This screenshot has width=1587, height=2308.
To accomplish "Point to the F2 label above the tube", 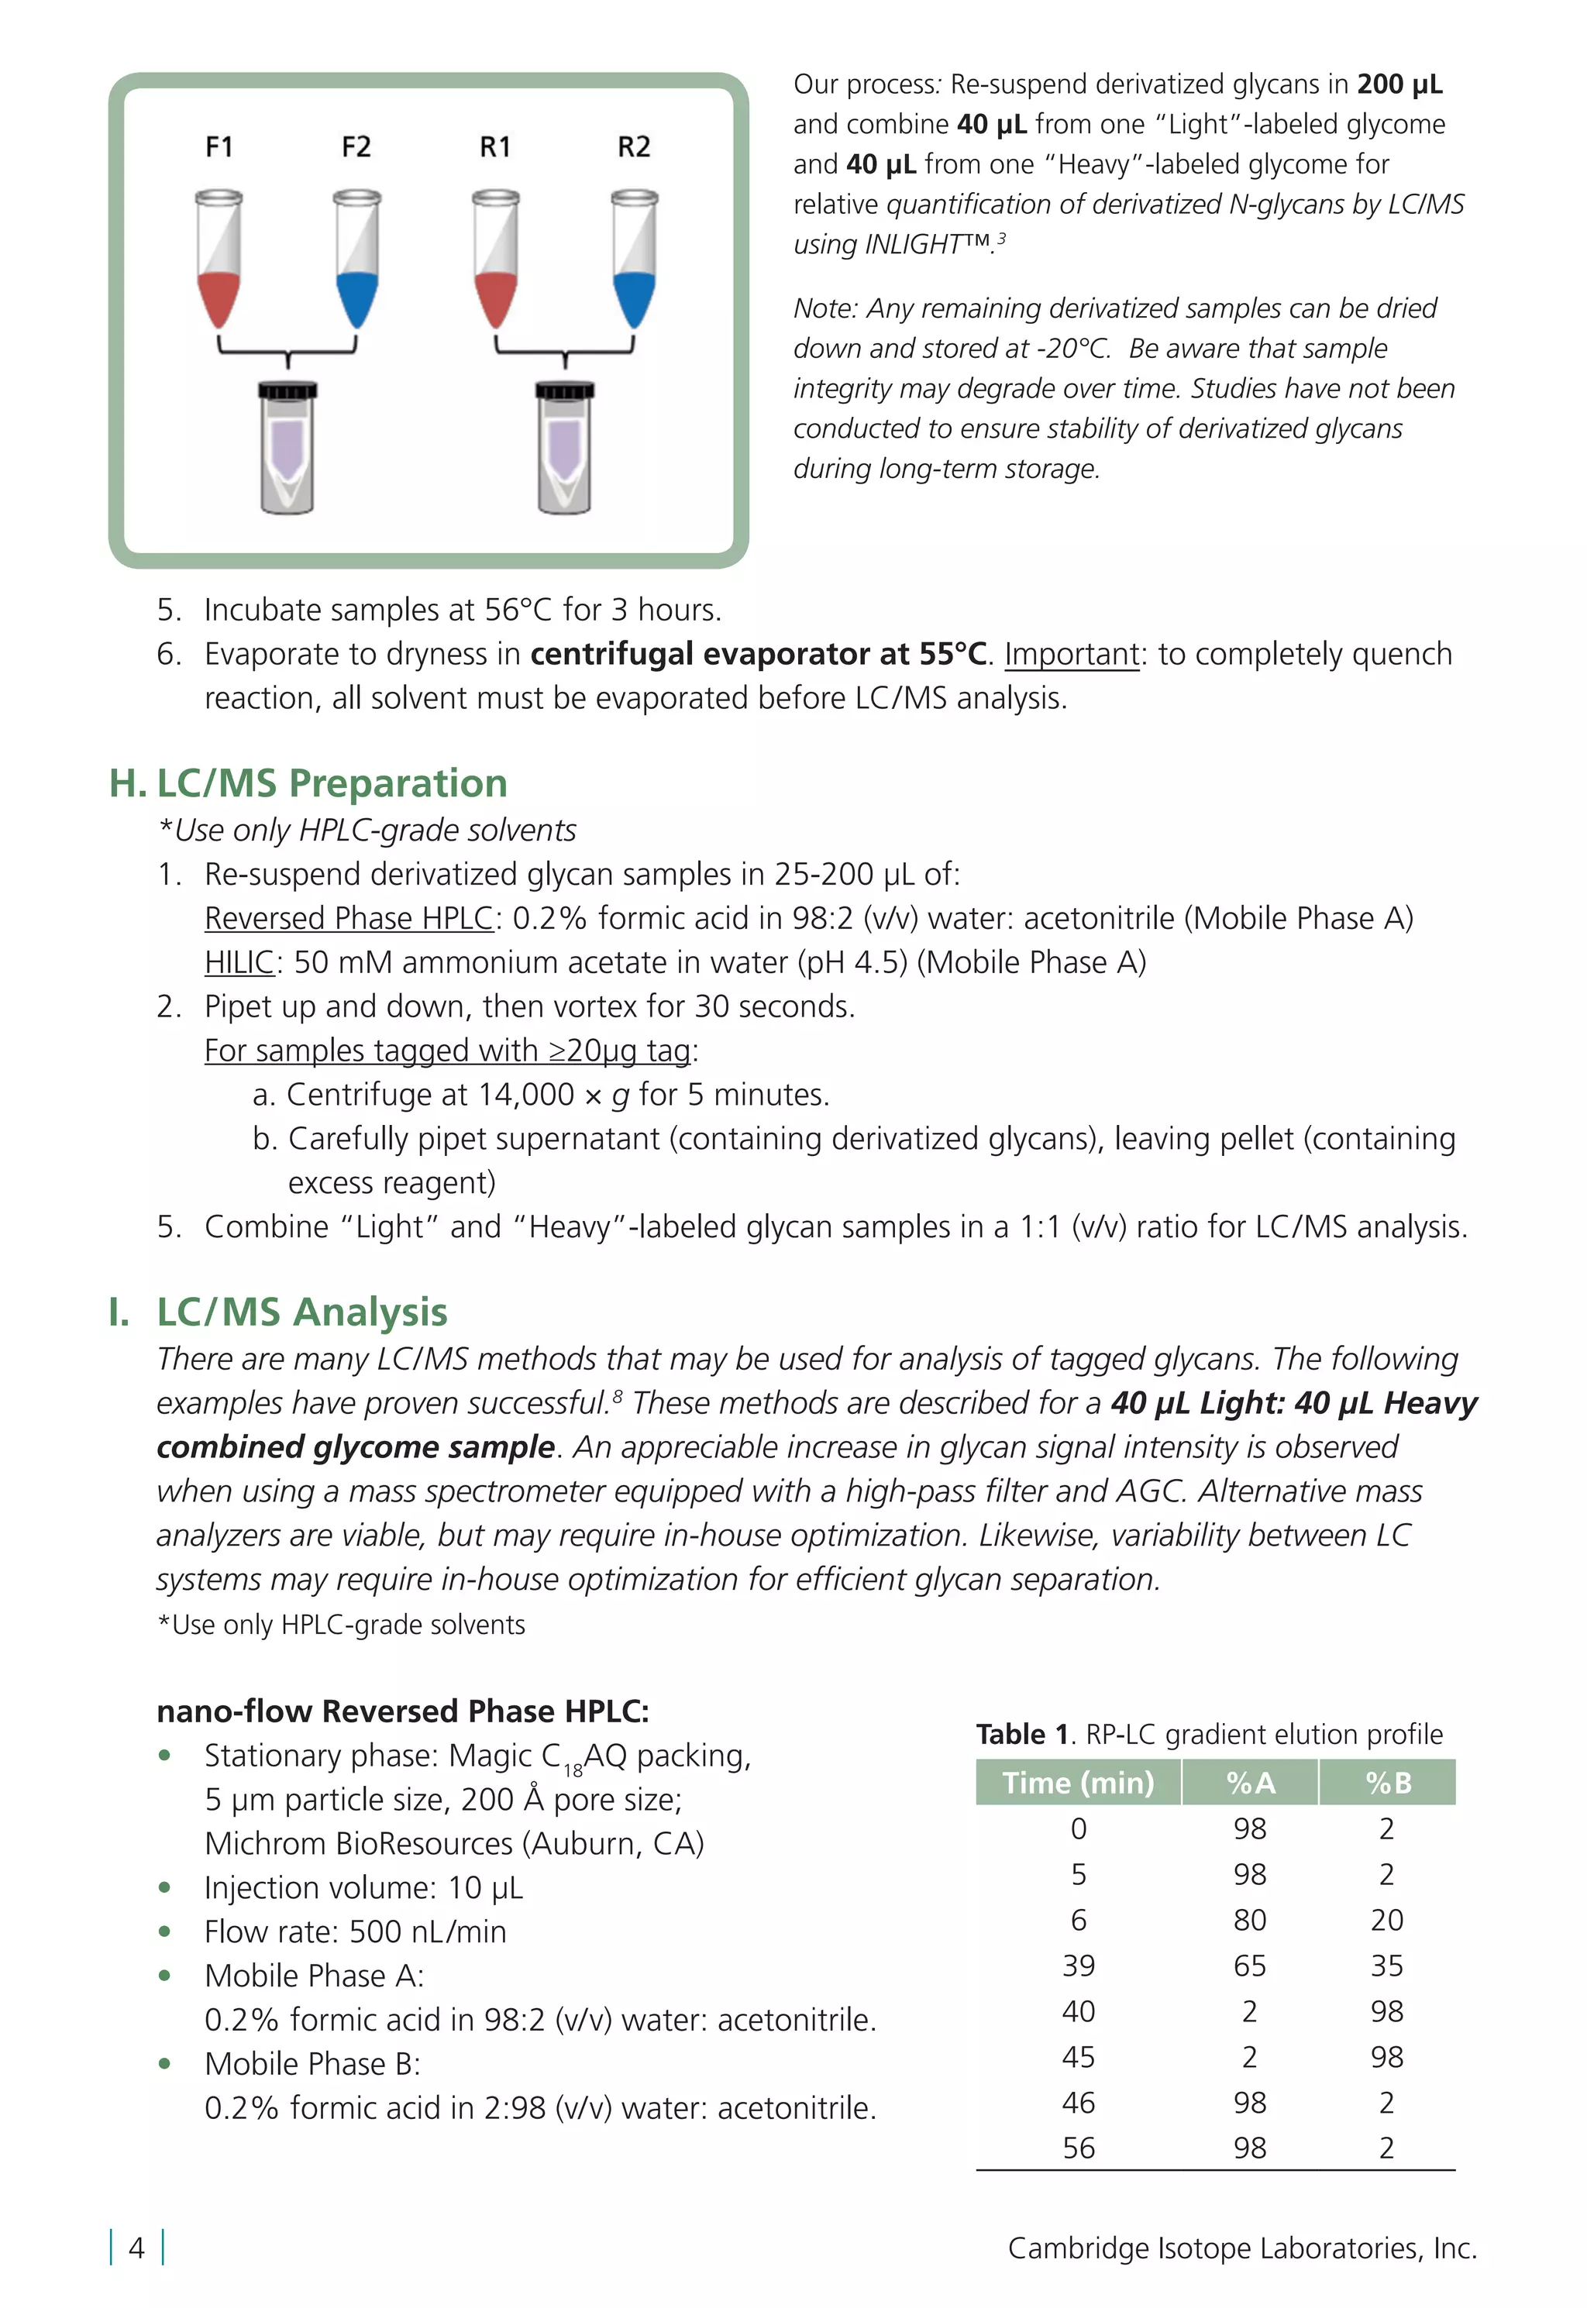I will pyautogui.click(x=356, y=147).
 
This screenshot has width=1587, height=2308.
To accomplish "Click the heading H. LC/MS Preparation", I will pyautogui.click(x=308, y=783).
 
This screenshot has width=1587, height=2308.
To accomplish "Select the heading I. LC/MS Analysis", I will pyautogui.click(x=278, y=1312).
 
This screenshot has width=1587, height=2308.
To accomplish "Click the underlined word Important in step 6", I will pyautogui.click(x=1071, y=654).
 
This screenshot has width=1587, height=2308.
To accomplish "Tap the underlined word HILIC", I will pyautogui.click(x=239, y=962).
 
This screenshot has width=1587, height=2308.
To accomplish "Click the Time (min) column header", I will pyautogui.click(x=1078, y=1782).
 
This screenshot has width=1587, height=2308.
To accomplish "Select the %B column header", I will pyautogui.click(x=1388, y=1782).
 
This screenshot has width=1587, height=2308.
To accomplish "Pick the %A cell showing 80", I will pyautogui.click(x=1250, y=1919).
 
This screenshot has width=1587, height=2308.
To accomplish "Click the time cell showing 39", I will pyautogui.click(x=1078, y=1965).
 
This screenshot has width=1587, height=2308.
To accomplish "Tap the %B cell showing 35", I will pyautogui.click(x=1386, y=1965).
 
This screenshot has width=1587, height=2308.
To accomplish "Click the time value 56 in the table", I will pyautogui.click(x=1078, y=2148).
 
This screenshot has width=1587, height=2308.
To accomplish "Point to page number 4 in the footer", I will pyautogui.click(x=136, y=2248).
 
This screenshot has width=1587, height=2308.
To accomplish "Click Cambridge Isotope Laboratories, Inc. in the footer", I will pyautogui.click(x=1242, y=2248).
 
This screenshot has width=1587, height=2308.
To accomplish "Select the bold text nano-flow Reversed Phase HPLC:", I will pyautogui.click(x=403, y=1711).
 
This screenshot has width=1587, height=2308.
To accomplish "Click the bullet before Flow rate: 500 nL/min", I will pyautogui.click(x=165, y=1931).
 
